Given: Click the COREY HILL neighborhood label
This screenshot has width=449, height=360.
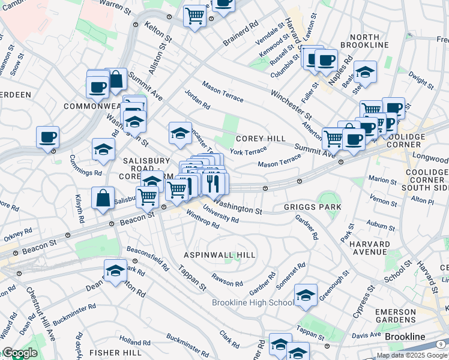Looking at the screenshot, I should pyautogui.click(x=261, y=139).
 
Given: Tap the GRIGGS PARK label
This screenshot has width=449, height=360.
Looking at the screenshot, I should pyautogui.click(x=312, y=207).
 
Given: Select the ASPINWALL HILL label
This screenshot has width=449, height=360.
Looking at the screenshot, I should pyautogui.click(x=219, y=255).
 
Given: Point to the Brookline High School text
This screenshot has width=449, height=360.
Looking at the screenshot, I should pyautogui.click(x=253, y=302).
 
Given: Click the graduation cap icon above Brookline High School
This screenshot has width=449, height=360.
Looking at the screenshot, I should pyautogui.click(x=306, y=295).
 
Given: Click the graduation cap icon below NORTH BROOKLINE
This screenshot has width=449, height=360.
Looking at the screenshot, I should pyautogui.click(x=365, y=73).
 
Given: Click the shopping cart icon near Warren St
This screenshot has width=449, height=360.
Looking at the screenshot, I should pyautogui.click(x=194, y=16).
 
